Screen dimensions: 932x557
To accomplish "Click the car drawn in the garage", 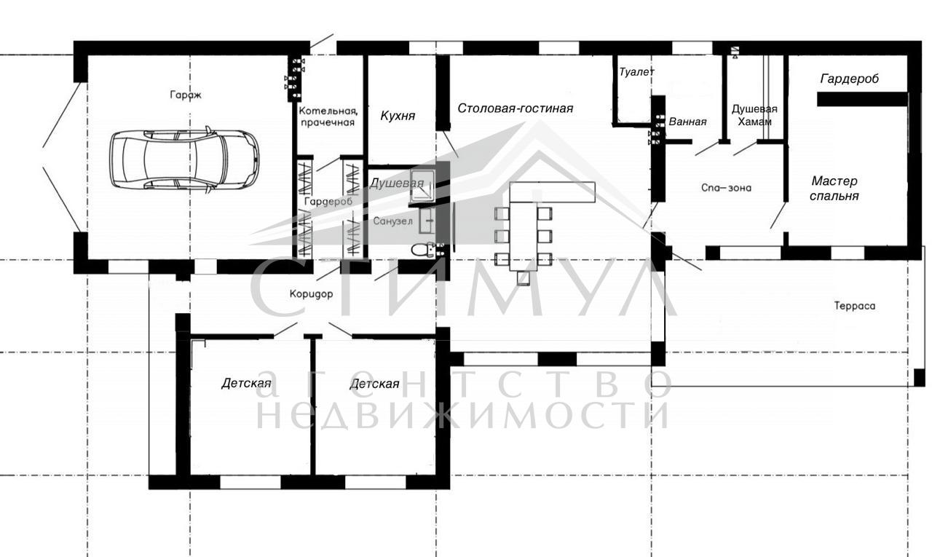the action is tap(184, 159).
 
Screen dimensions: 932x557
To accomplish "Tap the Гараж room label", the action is tap(186, 95).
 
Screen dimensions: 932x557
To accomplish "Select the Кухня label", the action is tap(398, 116).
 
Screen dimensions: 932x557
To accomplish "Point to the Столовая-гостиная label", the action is tap(515, 108).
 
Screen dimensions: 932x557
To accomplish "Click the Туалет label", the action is tap(636, 72).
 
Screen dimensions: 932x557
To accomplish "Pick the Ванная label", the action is tap(687, 122).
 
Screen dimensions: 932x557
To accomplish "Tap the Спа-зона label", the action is tap(726, 188).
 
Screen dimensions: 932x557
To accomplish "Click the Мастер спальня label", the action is tap(834, 188).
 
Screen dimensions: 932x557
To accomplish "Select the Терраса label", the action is tap(855, 306).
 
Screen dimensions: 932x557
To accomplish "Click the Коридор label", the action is tap(311, 294).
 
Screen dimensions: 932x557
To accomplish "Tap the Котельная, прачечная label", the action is tap(328, 116).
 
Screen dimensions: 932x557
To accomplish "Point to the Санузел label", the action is tap(392, 221).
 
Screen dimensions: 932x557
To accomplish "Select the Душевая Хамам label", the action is tap(754, 115).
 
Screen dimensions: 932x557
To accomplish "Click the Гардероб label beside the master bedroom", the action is tap(850, 79).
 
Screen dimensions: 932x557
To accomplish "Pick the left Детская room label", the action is tap(246, 383).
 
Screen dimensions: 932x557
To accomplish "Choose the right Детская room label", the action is tap(374, 384).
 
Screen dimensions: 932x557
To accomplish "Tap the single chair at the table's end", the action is tap(523, 278).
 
